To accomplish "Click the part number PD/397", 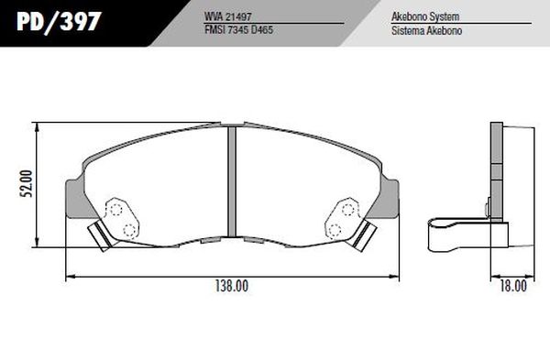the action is [x=59, y=22].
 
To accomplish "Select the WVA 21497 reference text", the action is [x=228, y=16].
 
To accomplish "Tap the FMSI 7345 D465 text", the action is [x=238, y=30].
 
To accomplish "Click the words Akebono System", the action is [x=425, y=16].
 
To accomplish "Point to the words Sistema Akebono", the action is [x=426, y=30].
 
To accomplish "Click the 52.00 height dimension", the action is [x=27, y=183].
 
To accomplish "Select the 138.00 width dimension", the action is [x=232, y=286].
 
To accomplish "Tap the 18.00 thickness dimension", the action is [x=513, y=286].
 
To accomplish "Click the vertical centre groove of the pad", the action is [x=232, y=182].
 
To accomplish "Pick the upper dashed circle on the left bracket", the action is [x=115, y=210].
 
